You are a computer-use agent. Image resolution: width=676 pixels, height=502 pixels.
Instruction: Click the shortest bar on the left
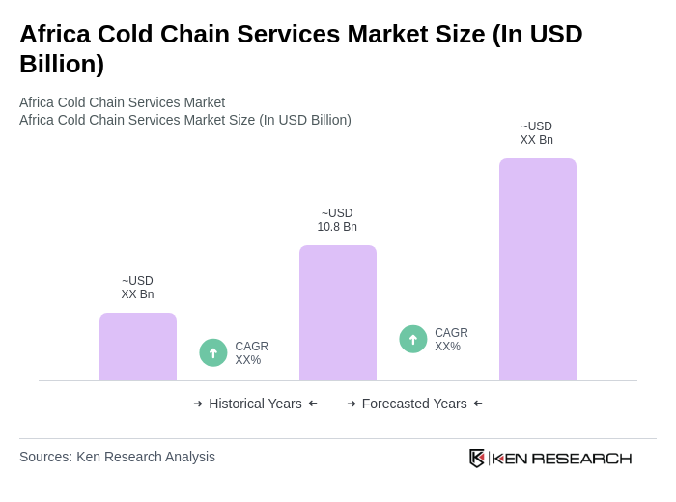tap(138, 347)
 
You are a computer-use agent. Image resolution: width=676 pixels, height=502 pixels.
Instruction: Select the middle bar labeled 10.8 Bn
tap(338, 313)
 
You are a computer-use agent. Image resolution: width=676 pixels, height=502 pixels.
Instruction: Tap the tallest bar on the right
tap(538, 269)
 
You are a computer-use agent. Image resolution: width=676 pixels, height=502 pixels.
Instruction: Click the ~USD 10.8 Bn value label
tap(337, 220)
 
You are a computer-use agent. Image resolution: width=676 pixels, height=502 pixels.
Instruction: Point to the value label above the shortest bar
tap(137, 288)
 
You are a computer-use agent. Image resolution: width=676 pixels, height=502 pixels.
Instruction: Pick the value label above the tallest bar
tap(537, 133)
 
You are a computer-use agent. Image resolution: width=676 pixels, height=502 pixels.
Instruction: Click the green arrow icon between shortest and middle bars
tap(213, 352)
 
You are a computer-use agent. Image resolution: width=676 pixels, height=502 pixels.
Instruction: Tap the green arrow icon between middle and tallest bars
tap(413, 339)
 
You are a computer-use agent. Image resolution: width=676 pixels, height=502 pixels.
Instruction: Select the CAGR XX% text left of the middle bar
tap(251, 353)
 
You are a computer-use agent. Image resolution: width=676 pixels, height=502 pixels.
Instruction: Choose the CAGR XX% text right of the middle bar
tap(451, 340)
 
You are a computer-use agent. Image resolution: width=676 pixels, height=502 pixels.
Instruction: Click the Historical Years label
tap(255, 404)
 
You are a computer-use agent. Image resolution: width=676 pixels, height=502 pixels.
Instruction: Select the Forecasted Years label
tap(414, 404)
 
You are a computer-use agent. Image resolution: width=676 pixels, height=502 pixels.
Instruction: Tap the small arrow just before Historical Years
tap(198, 404)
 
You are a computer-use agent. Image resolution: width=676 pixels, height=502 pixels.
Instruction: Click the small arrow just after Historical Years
tap(313, 404)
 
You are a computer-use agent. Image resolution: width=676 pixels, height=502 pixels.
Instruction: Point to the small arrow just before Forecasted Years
tap(352, 404)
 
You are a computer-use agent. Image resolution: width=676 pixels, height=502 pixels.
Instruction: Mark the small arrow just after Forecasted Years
tap(478, 404)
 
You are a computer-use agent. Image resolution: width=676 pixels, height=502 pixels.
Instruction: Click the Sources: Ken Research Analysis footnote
tap(117, 457)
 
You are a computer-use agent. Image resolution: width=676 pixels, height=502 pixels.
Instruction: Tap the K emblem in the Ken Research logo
tap(477, 458)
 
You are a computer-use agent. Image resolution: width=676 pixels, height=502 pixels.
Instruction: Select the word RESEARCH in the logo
tap(581, 459)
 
